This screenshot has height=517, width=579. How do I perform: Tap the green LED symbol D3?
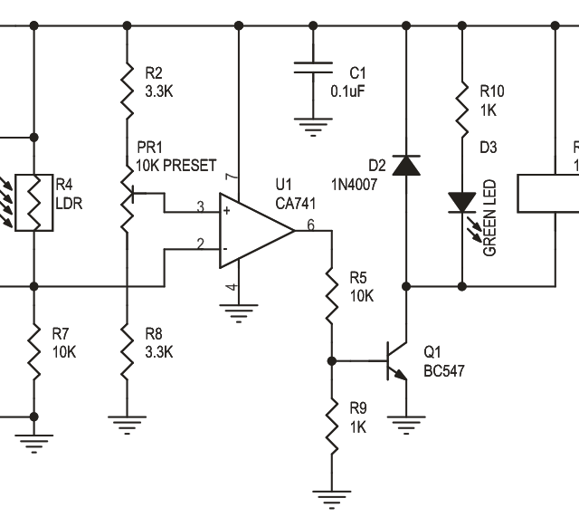tap(461, 201)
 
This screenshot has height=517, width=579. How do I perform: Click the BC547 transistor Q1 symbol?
tap(398, 359)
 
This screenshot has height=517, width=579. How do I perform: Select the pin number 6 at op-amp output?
tap(310, 225)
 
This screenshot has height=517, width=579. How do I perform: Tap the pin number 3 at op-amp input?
tap(201, 207)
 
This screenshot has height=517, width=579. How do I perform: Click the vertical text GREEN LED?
tap(489, 218)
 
